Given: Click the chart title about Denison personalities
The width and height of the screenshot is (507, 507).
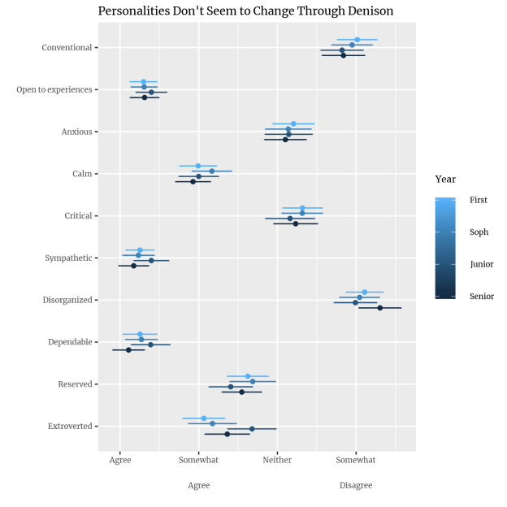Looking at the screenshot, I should tap(245, 11).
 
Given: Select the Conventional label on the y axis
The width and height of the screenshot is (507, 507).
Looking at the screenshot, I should tap(67, 47).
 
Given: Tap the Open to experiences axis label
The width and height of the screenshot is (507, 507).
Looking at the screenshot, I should tap(54, 89).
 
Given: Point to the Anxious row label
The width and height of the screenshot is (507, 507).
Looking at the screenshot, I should tap(76, 132).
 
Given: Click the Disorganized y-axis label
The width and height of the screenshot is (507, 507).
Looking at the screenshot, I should tap(67, 300).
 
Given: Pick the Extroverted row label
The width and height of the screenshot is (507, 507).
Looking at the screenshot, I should tap(68, 426).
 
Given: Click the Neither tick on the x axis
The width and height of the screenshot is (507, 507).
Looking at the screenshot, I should tap(277, 460).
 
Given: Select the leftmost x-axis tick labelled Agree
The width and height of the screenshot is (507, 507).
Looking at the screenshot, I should tap(120, 460).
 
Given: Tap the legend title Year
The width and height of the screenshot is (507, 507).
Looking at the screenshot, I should tap(445, 179).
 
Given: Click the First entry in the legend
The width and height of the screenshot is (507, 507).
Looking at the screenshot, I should tap(479, 200).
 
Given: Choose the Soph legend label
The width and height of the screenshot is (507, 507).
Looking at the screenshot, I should tap(479, 232).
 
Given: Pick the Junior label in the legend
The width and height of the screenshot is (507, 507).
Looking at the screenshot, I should tap(481, 264).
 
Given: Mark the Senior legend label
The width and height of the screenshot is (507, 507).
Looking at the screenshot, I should tap(481, 297).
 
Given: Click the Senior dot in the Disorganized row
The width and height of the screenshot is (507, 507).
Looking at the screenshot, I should tap(379, 308).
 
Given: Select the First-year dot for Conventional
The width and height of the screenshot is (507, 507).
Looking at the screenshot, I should tap(357, 40).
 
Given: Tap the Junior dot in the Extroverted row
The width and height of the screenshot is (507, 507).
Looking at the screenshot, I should tap(252, 428).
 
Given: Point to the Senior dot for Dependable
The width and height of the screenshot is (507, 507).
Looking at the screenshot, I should tap(128, 350).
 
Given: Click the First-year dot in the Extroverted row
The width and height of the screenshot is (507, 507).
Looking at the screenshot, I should tap(204, 418).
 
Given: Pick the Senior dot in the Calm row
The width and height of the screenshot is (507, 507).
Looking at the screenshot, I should tap(193, 182).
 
